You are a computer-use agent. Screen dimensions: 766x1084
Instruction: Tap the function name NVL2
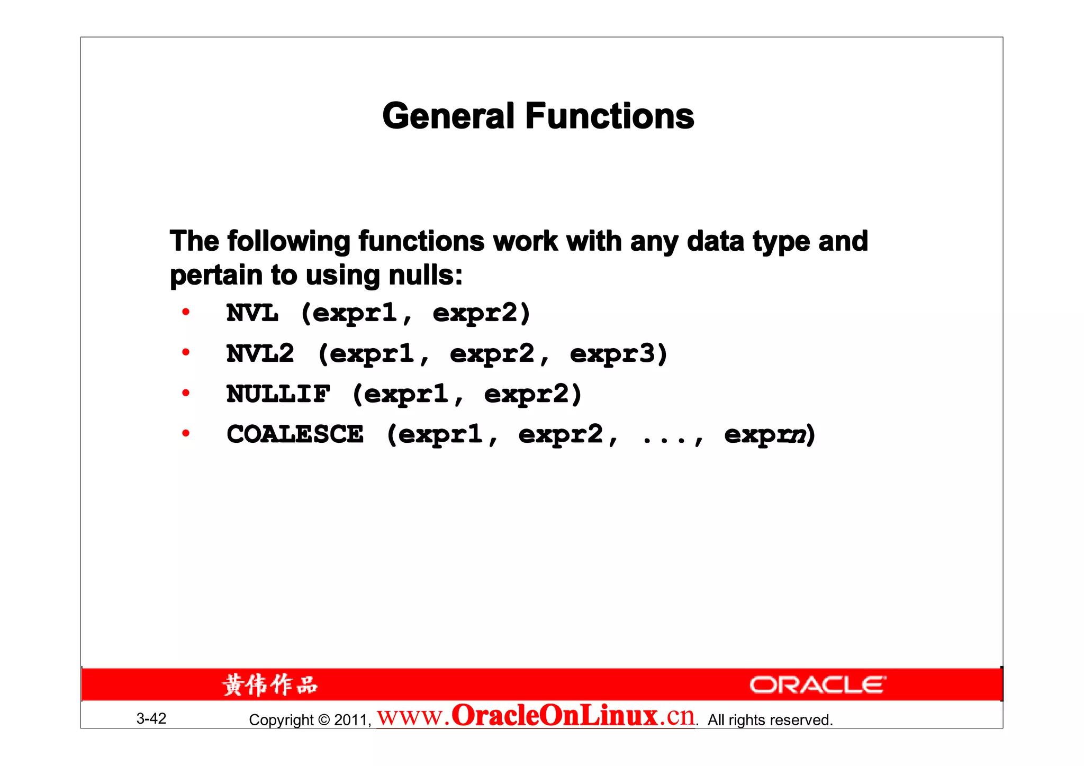(x=260, y=353)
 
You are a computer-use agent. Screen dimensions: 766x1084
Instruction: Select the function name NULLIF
(x=278, y=394)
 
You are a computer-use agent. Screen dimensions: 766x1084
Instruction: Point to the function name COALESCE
(x=295, y=434)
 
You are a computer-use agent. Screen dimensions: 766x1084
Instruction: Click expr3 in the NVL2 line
(x=613, y=354)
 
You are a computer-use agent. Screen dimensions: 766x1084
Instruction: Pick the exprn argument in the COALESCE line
(x=765, y=435)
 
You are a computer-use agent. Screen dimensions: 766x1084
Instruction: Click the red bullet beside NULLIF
(x=186, y=393)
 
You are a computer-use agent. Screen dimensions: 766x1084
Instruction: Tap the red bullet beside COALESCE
(x=186, y=434)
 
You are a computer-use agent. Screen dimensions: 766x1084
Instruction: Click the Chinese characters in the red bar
(x=270, y=685)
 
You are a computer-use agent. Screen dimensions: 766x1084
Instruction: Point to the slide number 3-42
(x=151, y=718)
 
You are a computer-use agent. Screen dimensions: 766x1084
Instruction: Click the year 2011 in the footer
(x=350, y=720)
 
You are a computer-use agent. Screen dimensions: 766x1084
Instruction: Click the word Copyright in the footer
(x=282, y=720)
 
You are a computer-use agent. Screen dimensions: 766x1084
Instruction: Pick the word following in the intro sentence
(x=289, y=242)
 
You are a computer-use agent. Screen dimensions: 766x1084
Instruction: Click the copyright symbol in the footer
(x=324, y=720)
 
